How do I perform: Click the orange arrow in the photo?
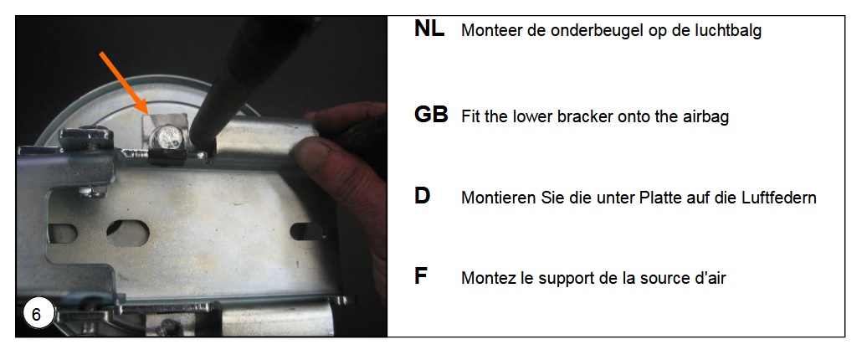tap(122, 84)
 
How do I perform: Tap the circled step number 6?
tap(37, 314)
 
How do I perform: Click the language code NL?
tap(429, 29)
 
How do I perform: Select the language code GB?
tap(431, 115)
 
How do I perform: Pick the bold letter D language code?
tap(422, 196)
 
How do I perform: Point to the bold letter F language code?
tap(421, 276)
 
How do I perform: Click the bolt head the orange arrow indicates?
tap(167, 137)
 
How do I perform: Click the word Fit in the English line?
tap(469, 116)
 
